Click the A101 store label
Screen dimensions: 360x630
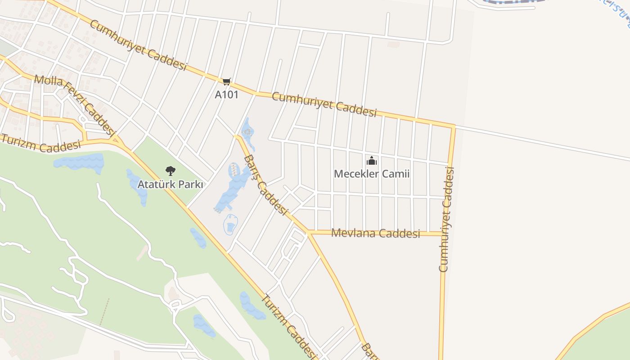pyautogui.click(x=226, y=94)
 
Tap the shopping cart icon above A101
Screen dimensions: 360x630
pyautogui.click(x=226, y=81)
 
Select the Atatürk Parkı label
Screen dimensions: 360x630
pyautogui.click(x=170, y=184)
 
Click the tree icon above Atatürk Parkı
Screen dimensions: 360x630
pyautogui.click(x=170, y=171)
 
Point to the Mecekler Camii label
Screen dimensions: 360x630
pyautogui.click(x=372, y=174)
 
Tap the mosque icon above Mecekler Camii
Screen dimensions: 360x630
pyautogui.click(x=372, y=161)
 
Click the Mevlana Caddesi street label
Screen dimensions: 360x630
pyautogui.click(x=375, y=233)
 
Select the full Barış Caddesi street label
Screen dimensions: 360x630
pyautogui.click(x=265, y=185)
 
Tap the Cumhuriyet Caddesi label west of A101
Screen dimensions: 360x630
pyautogui.click(x=138, y=45)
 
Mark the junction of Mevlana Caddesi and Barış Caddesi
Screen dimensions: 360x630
pyautogui.click(x=309, y=232)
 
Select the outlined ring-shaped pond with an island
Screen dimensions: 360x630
pyautogui.click(x=230, y=224)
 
